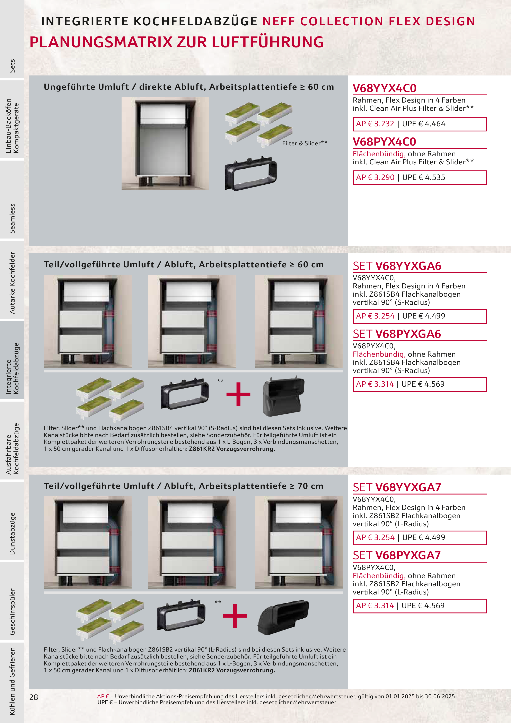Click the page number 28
(34, 697)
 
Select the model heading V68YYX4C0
(385, 88)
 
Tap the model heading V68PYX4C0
(385, 142)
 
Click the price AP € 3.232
(375, 124)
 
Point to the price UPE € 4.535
(423, 177)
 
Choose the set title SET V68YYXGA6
(397, 266)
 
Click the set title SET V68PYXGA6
(397, 334)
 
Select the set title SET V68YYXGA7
(397, 487)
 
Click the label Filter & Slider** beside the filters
(305, 143)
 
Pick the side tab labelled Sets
(12, 66)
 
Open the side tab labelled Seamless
(12, 219)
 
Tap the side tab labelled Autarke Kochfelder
(12, 283)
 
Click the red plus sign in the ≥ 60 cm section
(238, 394)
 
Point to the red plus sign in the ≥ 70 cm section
(235, 616)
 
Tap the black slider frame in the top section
(251, 173)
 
